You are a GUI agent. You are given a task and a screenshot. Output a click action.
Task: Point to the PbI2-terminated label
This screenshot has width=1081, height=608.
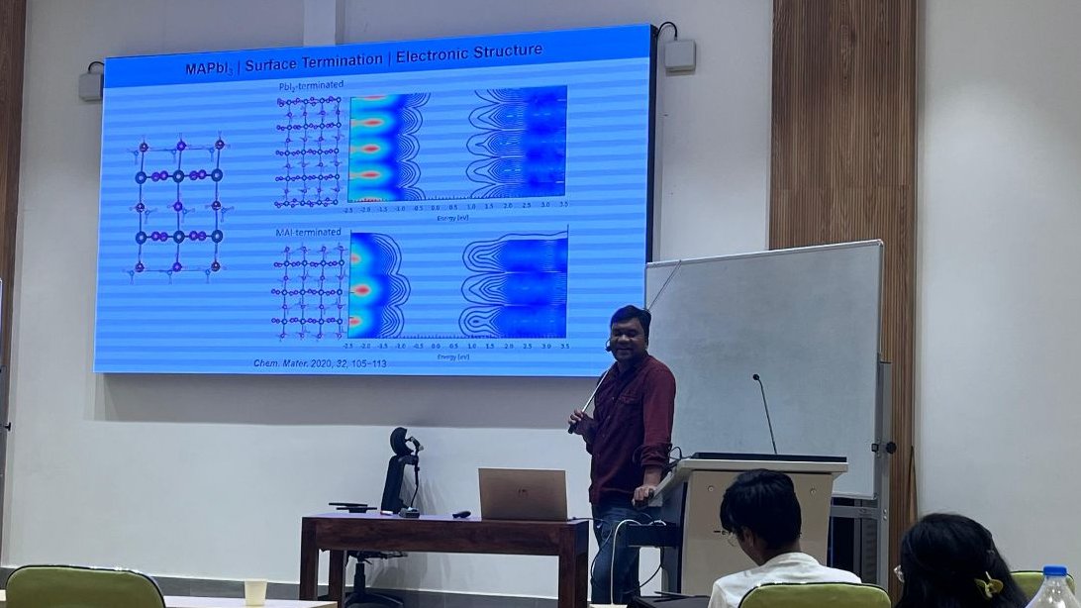point(309,88)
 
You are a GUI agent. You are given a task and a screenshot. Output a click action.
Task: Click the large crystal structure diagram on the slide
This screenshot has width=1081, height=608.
point(178,206)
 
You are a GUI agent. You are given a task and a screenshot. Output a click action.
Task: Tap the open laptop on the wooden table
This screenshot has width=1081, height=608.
point(522,494)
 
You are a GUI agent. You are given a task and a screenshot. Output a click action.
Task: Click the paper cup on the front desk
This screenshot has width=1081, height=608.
point(255,591)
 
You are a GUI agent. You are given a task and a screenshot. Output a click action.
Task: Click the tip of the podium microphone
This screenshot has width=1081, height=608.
point(754,377)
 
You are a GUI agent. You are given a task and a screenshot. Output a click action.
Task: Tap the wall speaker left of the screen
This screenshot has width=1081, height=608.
point(91,84)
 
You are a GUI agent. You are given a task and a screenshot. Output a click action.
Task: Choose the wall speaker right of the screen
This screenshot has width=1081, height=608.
point(679,53)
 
